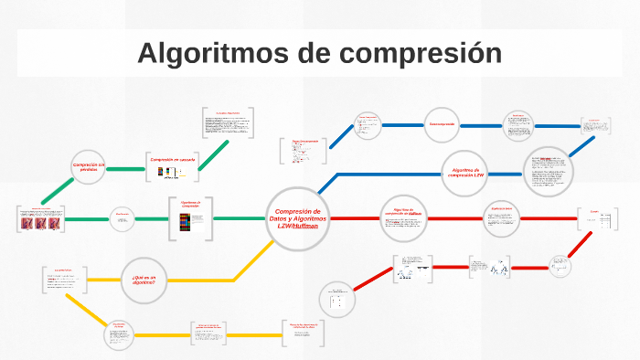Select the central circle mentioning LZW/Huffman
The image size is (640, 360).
click(298, 219)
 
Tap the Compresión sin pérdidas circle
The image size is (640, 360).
click(89, 167)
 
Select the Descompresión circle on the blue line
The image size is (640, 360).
click(443, 123)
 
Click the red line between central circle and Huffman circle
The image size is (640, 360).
click(352, 218)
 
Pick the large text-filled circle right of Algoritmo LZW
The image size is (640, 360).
click(549, 171)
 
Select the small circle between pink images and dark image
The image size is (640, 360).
click(123, 218)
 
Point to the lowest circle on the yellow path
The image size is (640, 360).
click(119, 335)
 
